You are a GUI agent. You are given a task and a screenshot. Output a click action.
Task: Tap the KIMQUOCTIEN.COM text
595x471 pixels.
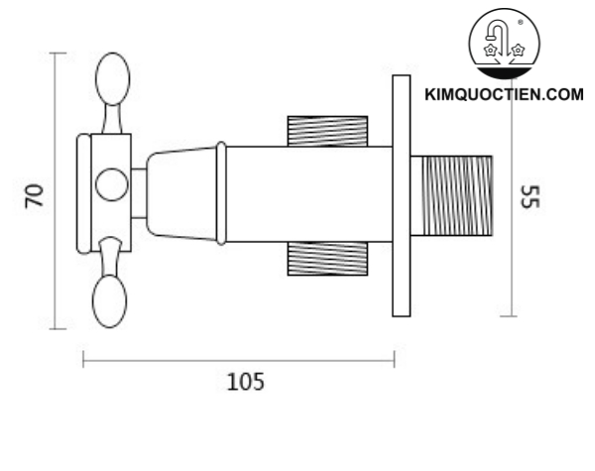(503, 95)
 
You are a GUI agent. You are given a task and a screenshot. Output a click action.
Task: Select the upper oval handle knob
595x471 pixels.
(112, 81)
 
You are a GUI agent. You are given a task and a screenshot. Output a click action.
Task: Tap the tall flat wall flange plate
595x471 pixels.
(401, 196)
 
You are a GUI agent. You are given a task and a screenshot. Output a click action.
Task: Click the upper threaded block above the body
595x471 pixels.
(327, 130)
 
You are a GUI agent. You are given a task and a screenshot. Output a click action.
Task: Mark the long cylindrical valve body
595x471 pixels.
(307, 193)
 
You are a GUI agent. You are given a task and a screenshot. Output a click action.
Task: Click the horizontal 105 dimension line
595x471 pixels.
(238, 359)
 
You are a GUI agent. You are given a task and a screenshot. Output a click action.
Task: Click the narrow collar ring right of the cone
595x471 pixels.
(221, 193)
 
